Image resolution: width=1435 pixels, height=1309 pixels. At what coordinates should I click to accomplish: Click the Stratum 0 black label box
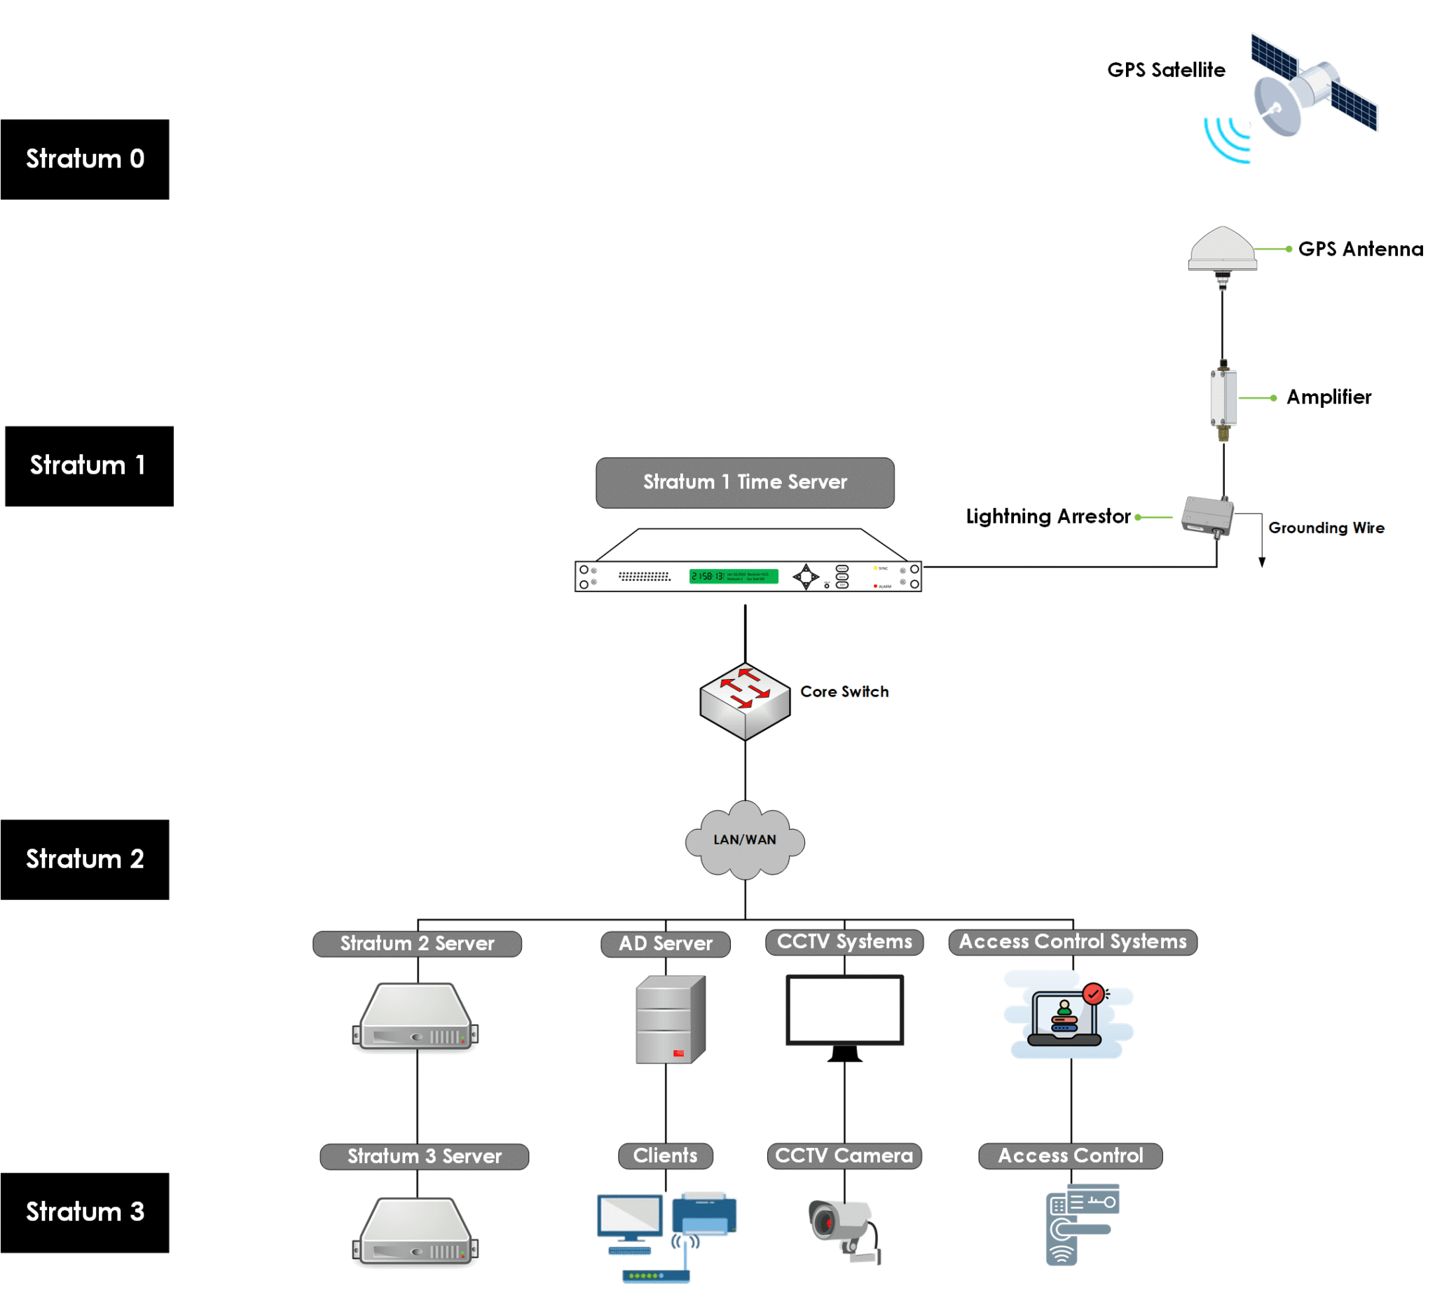[x=85, y=160]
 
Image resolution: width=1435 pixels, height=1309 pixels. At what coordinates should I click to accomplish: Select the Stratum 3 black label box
[x=85, y=1212]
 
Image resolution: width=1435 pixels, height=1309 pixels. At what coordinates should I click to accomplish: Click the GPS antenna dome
[x=1222, y=249]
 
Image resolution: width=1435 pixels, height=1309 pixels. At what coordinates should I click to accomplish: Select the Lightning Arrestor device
[x=1207, y=516]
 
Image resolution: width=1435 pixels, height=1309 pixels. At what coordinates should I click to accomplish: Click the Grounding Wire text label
[x=1326, y=528]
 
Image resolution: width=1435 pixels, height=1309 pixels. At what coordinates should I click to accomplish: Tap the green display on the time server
[x=733, y=576]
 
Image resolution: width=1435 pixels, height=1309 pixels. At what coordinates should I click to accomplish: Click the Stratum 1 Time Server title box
[x=745, y=483]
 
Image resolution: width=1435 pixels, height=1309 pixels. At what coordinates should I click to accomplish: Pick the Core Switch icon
[x=745, y=701]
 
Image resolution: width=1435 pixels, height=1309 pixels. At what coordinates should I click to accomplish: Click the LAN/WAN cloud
[x=745, y=840]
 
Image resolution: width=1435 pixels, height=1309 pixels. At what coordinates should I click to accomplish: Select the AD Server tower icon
[x=670, y=1020]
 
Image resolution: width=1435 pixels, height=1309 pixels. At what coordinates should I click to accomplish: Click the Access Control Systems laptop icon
[x=1066, y=1017]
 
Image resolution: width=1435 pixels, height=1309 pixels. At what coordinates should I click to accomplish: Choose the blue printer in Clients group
[x=703, y=1214]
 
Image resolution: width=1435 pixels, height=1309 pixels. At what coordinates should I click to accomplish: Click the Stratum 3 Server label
[x=424, y=1156]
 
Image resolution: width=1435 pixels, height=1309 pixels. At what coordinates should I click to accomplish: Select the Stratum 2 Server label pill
[x=417, y=943]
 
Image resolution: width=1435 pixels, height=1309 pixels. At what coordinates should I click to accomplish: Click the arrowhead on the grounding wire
[x=1261, y=562]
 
